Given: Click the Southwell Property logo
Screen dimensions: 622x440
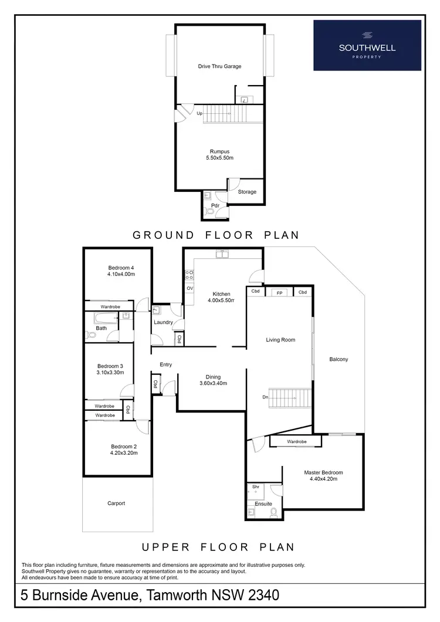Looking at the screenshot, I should [x=367, y=45].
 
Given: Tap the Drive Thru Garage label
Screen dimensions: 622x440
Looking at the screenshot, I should [x=219, y=66].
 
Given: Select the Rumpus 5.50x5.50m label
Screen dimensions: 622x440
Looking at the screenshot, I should [x=219, y=154].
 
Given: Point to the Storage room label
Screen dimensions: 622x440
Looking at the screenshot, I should [x=247, y=192].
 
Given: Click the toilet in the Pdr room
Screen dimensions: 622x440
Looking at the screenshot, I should [x=209, y=212].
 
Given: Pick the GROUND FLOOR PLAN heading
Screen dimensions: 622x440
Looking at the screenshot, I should [x=216, y=235].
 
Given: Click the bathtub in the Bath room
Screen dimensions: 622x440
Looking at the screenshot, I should [x=106, y=318].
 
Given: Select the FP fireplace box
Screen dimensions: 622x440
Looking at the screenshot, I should [x=279, y=292].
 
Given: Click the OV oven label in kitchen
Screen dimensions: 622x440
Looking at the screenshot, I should [x=189, y=289].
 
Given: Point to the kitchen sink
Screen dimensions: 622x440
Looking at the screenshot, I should [x=222, y=254].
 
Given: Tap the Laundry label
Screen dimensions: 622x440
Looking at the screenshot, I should [x=163, y=322].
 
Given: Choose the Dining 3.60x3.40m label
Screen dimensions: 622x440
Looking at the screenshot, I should [x=212, y=380].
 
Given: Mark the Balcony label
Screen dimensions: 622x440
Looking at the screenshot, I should [x=339, y=359].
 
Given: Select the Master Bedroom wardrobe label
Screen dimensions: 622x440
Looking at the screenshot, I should [x=296, y=441].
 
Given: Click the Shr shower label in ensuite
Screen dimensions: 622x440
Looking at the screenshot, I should [x=256, y=486].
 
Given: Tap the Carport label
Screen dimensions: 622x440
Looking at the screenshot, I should [x=116, y=503].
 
